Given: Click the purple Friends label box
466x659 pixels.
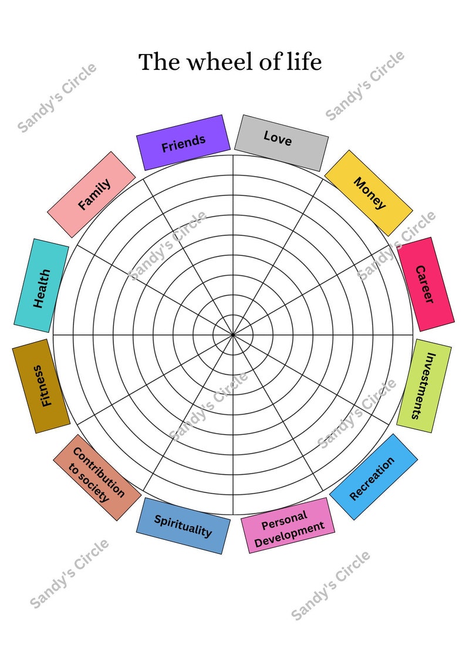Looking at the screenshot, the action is click(183, 143).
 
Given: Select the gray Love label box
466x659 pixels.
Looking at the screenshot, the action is click(281, 143).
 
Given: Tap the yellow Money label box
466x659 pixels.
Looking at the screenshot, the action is click(369, 193).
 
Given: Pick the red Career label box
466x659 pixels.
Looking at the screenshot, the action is click(426, 284).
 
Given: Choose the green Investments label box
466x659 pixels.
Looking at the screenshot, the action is click(424, 386).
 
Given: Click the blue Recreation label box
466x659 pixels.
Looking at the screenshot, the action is click(373, 477).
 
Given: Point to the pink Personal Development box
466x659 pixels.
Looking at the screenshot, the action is click(288, 525).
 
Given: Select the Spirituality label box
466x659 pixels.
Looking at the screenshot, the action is click(183, 526).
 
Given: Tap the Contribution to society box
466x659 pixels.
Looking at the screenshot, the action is click(97, 478).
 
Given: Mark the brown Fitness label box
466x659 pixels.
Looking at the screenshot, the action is click(41, 386).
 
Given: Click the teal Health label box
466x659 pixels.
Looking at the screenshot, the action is click(41, 285).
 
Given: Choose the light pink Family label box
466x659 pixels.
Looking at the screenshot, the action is click(91, 195).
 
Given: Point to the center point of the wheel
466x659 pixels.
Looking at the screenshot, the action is click(233, 335).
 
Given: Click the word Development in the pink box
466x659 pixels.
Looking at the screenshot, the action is click(289, 534).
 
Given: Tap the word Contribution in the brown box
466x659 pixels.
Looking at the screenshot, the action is click(99, 472).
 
